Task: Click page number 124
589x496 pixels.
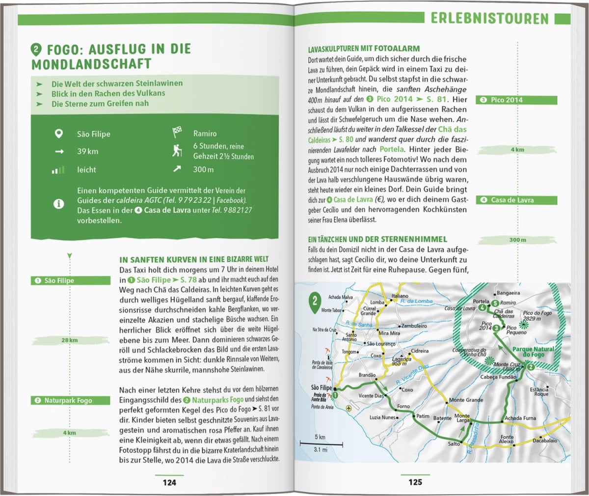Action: point(169,482)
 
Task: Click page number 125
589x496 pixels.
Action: point(415,482)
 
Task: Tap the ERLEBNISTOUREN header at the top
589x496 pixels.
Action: point(489,19)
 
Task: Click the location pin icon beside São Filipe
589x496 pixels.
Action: point(58,134)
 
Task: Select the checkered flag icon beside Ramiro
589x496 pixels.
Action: point(177,133)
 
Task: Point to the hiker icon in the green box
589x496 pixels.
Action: point(177,151)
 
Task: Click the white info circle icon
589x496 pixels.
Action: point(58,204)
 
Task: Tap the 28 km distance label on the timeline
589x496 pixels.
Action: point(69,340)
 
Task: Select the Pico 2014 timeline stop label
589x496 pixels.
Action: point(517,100)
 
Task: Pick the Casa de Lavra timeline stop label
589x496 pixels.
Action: point(517,200)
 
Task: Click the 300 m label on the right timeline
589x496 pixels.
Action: point(517,240)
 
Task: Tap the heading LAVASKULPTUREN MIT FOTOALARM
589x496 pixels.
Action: point(364,49)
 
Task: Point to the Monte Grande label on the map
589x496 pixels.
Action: point(466,400)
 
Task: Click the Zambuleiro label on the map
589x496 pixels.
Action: point(414,326)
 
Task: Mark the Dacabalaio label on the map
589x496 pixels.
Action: point(545,441)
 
